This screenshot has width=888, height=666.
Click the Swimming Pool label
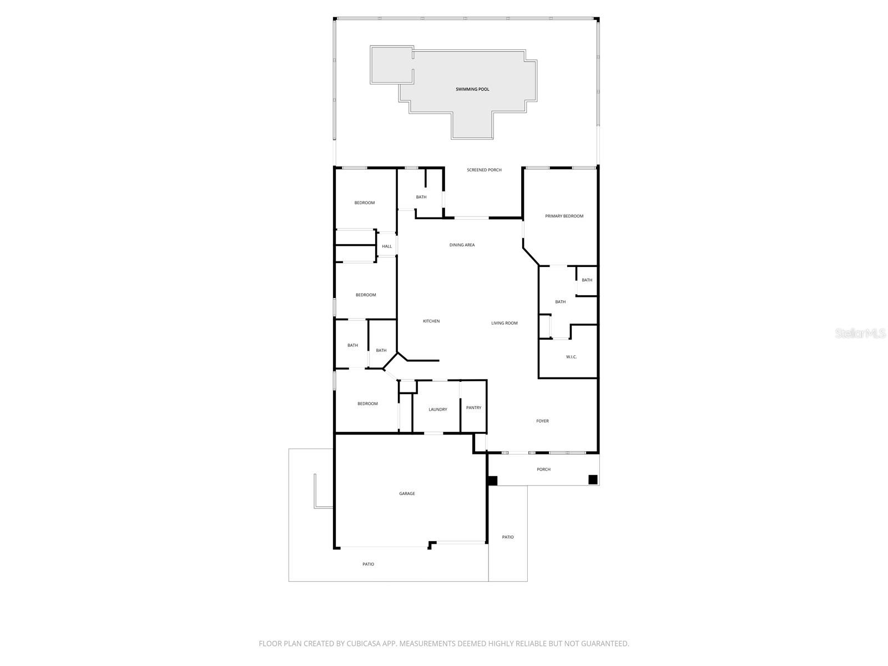[472, 89]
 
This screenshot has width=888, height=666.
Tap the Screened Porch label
[484, 170]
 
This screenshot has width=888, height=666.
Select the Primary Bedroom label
[564, 216]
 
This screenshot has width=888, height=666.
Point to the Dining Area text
[462, 245]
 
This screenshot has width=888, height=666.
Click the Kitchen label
[431, 321]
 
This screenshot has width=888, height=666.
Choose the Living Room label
[504, 323]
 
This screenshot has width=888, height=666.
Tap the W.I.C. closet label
[571, 357]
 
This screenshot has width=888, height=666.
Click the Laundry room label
[437, 410]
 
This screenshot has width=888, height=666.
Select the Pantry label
[473, 407]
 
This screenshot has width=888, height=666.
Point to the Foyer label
[542, 421]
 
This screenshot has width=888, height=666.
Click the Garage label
[407, 493]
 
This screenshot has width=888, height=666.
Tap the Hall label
[387, 246]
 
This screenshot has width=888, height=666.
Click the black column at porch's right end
[593, 480]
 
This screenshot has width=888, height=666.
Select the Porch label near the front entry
[543, 470]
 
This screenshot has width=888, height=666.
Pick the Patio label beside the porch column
[507, 537]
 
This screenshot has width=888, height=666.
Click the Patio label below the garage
[368, 564]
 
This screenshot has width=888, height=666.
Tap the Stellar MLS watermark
[860, 333]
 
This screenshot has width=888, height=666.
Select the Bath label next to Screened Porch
[421, 197]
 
